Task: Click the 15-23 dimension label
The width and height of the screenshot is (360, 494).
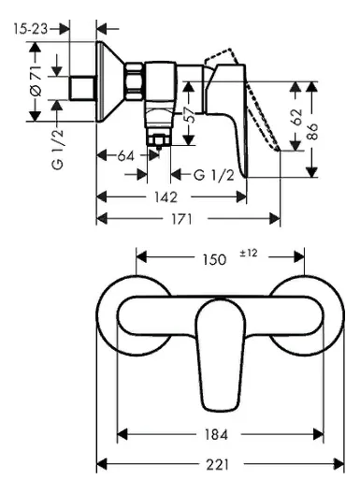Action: pos(31,29)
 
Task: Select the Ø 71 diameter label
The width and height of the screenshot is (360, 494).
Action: pos(36,81)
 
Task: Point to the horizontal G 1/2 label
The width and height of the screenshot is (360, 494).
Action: pos(214,175)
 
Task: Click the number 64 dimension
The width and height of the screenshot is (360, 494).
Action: pos(125,155)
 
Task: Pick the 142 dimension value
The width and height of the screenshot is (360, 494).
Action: pos(166,197)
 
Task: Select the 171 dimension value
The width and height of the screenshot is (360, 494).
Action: pos(181,219)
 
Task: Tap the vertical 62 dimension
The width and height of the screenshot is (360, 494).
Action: pos(296,117)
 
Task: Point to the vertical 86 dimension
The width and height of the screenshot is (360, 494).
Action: pos(312,132)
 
